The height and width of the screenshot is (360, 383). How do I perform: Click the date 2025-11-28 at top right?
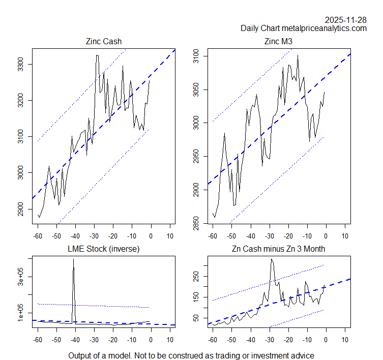(346, 20)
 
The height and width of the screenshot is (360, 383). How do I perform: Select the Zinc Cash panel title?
(104, 41)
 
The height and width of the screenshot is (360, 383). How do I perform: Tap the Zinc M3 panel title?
(279, 41)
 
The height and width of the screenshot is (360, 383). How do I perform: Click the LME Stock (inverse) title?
(104, 249)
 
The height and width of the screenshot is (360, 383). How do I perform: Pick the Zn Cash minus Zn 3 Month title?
(279, 249)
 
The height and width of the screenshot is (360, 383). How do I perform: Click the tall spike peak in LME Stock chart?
(73, 259)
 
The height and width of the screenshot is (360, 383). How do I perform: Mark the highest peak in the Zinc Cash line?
(97, 55)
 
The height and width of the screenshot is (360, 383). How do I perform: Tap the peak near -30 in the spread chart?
(272, 259)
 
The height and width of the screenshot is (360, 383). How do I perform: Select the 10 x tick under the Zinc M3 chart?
(345, 236)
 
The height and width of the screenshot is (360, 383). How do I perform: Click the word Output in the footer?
(80, 355)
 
